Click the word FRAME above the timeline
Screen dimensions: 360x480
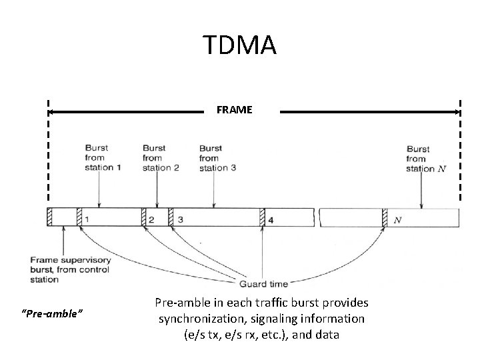(x=235, y=110)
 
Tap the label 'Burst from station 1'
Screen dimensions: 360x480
(x=103, y=158)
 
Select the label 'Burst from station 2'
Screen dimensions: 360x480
(x=160, y=158)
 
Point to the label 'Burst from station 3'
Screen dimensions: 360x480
(x=217, y=158)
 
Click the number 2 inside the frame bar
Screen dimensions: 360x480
(x=152, y=219)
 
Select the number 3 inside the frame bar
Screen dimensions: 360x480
(x=180, y=219)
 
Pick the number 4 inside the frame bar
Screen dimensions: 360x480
(x=271, y=219)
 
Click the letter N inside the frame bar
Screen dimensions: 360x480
(x=397, y=219)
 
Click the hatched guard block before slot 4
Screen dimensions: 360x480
(x=262, y=217)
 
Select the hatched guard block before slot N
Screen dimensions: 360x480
(x=385, y=217)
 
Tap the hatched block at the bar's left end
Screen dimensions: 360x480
(x=49, y=217)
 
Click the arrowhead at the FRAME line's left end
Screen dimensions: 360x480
(x=53, y=112)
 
